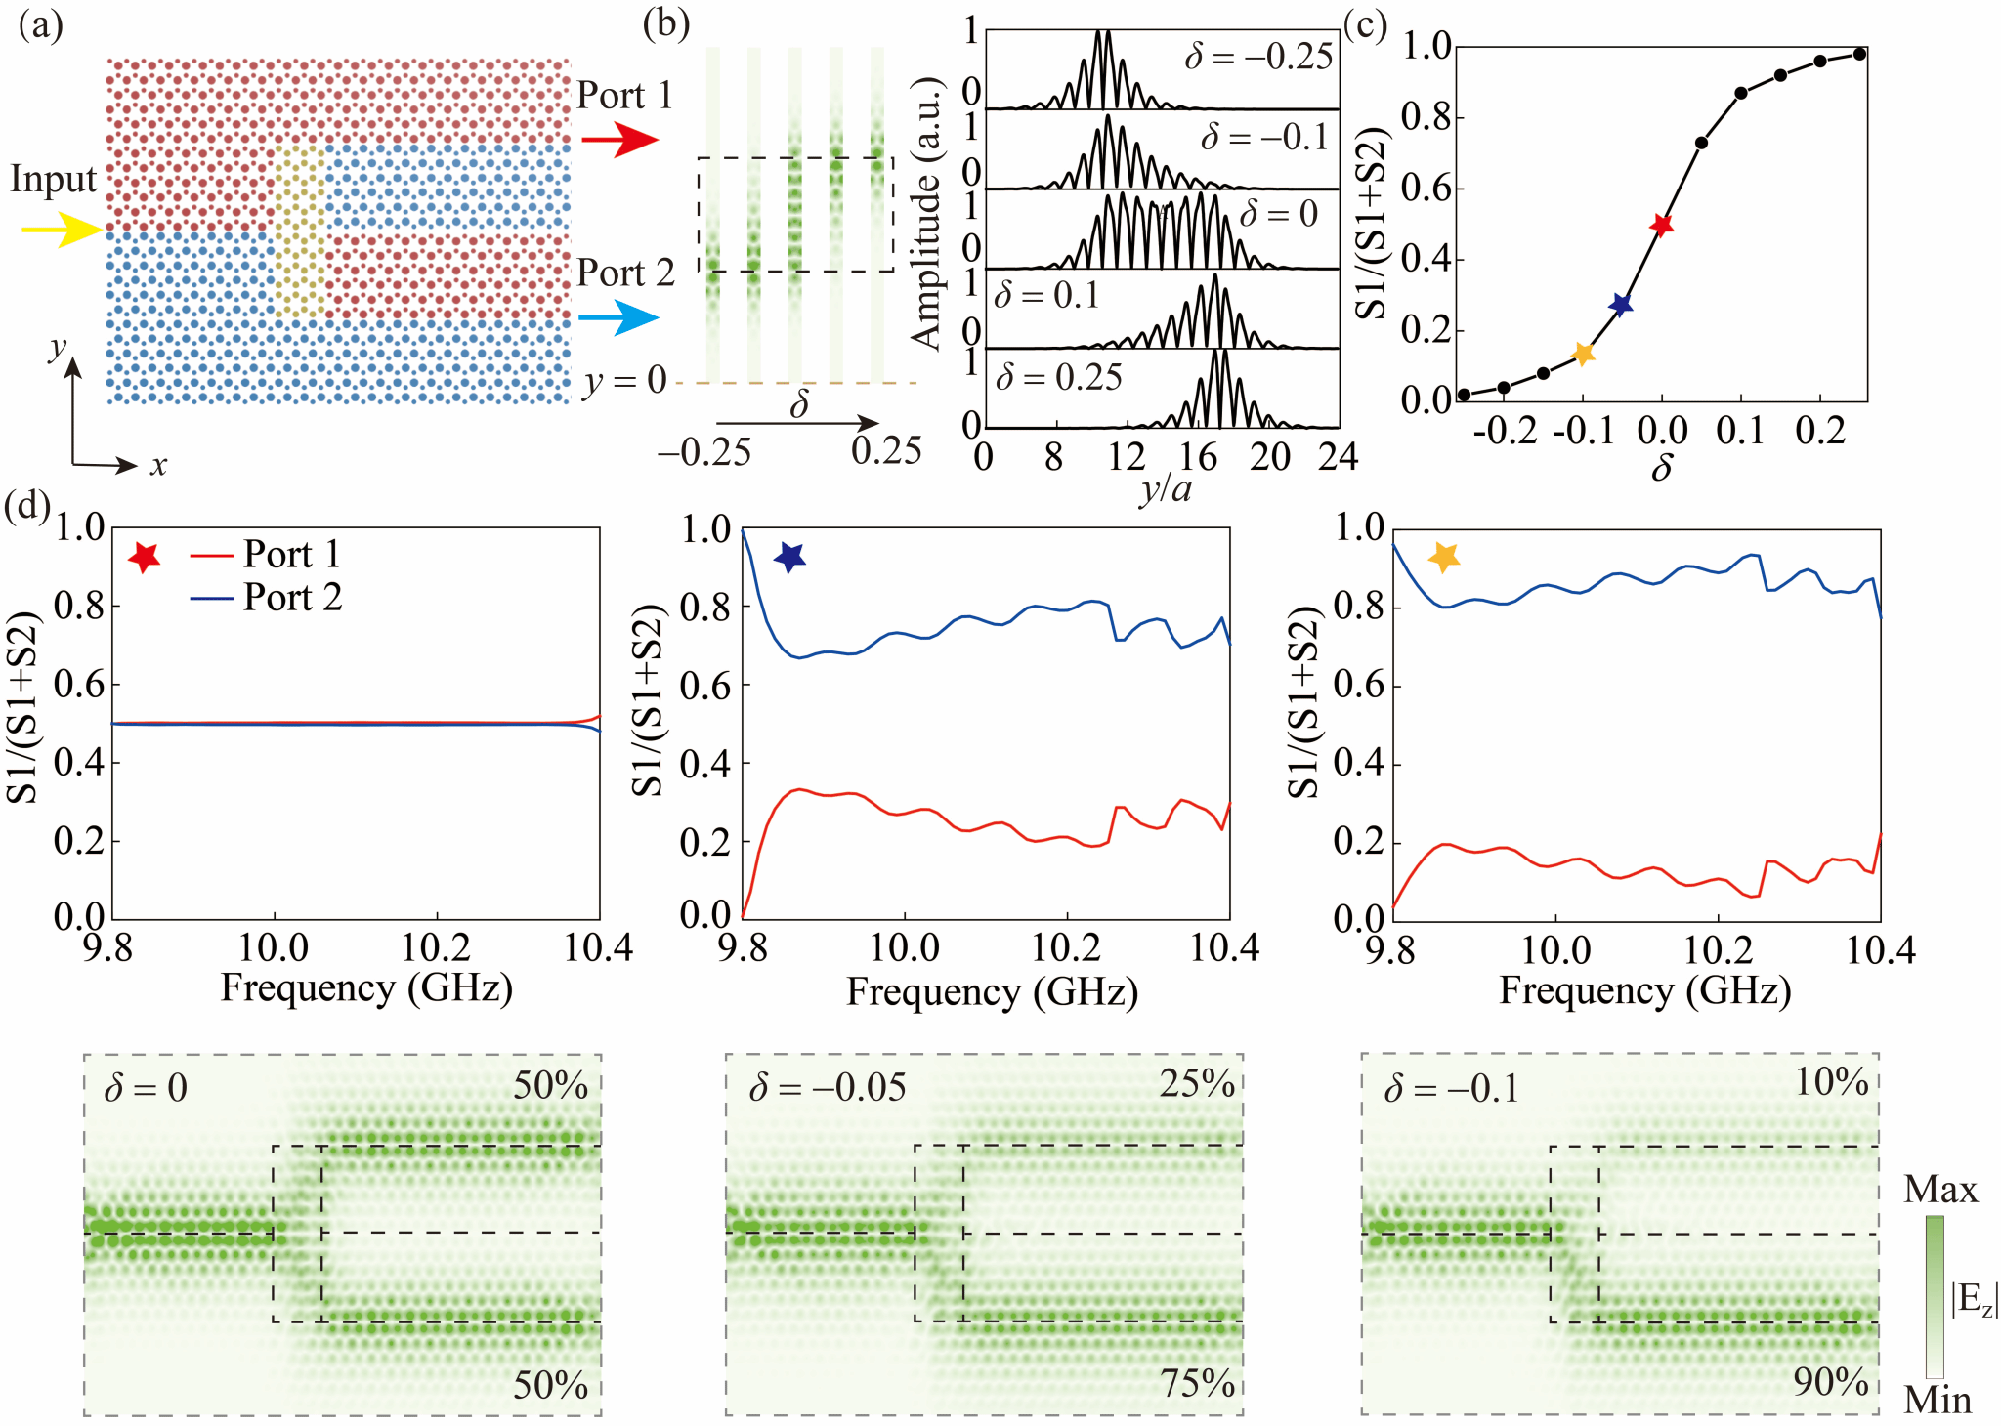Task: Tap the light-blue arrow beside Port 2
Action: point(617,317)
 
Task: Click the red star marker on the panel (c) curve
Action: point(1661,225)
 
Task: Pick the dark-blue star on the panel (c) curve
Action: point(1621,305)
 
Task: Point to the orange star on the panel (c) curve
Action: point(1583,354)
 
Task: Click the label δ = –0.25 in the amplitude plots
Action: point(1258,57)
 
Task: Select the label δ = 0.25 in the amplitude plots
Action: point(1058,377)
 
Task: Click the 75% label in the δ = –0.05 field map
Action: point(1198,1383)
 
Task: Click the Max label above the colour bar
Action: point(1940,1190)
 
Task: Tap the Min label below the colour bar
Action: point(1937,1401)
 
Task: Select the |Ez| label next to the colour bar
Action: point(1975,1299)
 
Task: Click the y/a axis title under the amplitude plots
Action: point(1165,486)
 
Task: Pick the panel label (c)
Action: point(1365,23)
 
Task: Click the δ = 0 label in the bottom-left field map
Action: point(146,1087)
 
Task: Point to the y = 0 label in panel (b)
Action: point(625,380)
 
